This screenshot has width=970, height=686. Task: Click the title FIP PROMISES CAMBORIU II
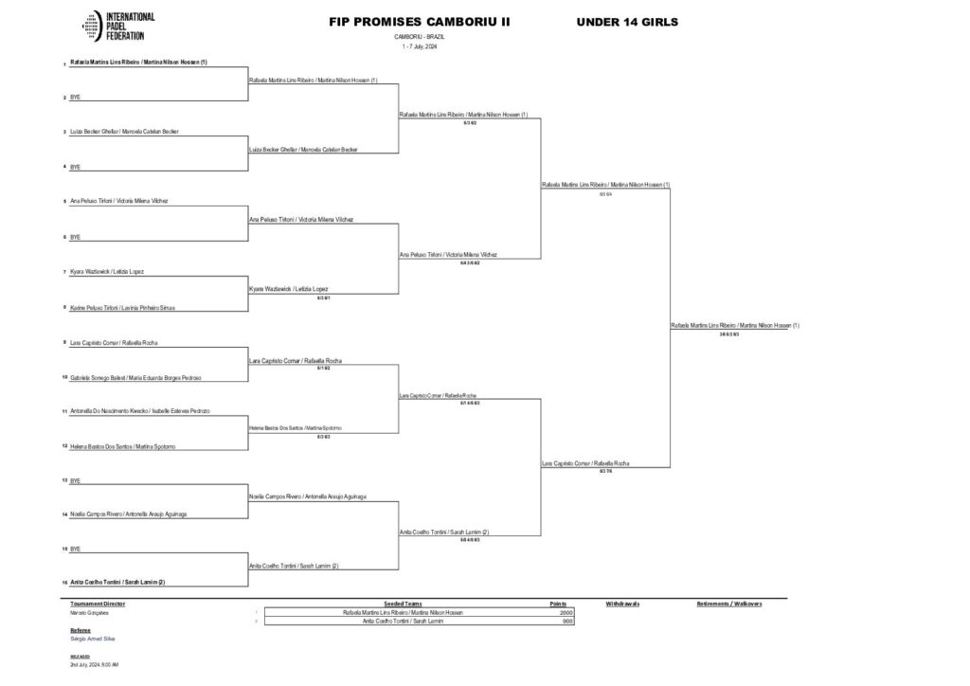pos(419,22)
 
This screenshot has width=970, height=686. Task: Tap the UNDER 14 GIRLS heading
pos(627,22)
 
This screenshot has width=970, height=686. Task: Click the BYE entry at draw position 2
pos(76,97)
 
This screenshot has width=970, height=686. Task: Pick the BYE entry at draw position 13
pos(76,480)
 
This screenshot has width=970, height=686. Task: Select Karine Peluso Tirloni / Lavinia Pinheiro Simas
pos(122,308)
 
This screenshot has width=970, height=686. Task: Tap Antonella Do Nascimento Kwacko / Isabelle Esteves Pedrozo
pos(139,411)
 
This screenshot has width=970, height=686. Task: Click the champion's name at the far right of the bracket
pos(735,325)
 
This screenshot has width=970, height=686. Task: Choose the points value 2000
pos(566,613)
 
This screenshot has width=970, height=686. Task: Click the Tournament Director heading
pos(98,603)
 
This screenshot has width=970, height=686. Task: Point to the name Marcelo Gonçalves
pos(92,613)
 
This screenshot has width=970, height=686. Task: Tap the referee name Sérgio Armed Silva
pos(93,639)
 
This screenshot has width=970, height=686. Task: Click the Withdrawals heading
pos(623,603)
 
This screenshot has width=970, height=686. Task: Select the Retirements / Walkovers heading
pos(728,603)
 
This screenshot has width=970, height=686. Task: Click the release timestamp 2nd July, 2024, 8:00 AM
pos(94,664)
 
